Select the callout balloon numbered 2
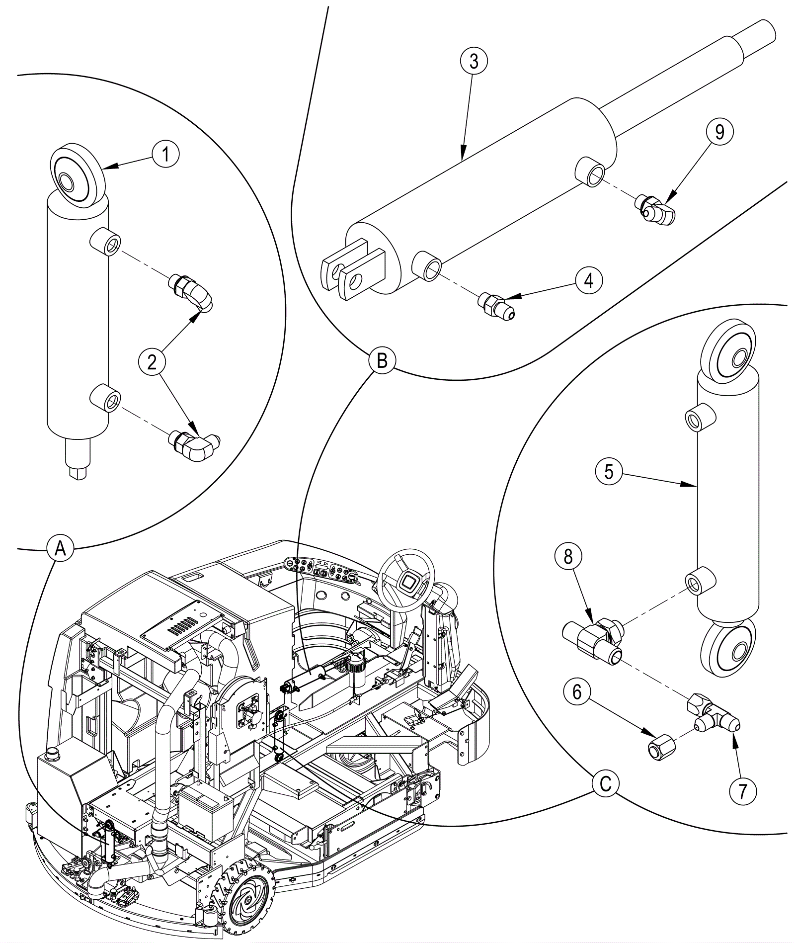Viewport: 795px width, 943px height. (x=152, y=361)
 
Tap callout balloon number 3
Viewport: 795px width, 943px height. (x=474, y=62)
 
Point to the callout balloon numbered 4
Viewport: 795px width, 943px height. (x=588, y=280)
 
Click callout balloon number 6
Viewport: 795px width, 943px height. (x=577, y=692)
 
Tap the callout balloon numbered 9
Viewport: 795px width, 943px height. (x=719, y=132)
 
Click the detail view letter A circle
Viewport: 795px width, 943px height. (x=60, y=549)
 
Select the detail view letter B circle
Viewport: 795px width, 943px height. (x=382, y=360)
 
